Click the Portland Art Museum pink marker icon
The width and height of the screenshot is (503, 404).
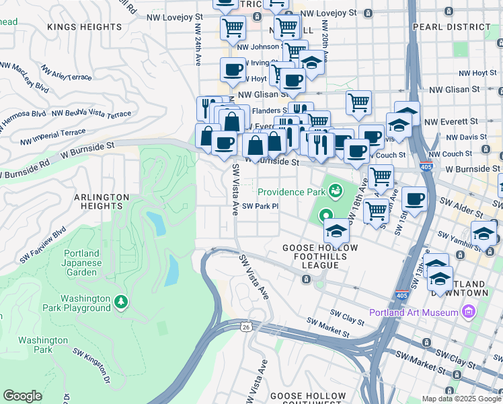click(469, 312)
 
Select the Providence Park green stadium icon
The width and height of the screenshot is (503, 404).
click(334, 192)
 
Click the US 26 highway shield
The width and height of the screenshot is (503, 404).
click(247, 327)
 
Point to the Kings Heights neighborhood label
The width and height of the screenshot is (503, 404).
click(85, 27)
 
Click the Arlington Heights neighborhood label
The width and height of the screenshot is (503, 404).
click(101, 203)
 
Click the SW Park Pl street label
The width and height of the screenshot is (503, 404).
click(260, 207)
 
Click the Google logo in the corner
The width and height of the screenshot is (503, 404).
click(23, 396)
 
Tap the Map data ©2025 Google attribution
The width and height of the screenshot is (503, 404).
click(461, 399)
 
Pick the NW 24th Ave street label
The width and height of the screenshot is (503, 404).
click(198, 40)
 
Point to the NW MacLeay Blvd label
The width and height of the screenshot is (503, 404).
click(24, 77)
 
